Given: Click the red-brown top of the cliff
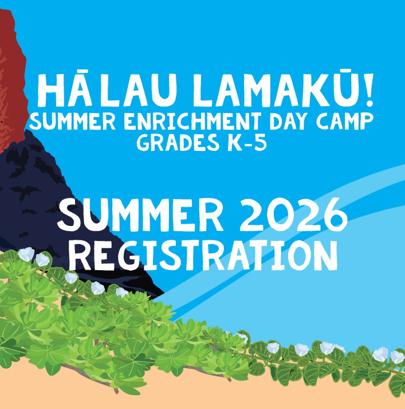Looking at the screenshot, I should tap(13, 63).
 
